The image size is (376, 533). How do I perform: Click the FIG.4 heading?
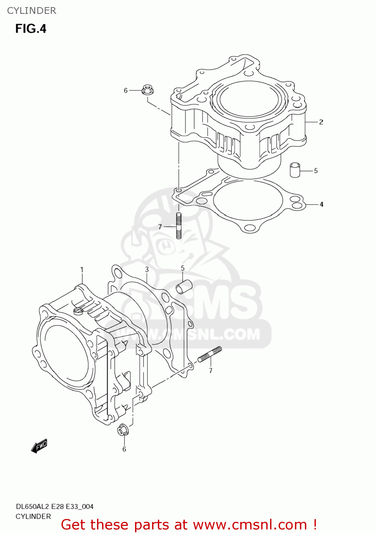point(31,29)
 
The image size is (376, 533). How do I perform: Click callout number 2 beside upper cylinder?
point(321,122)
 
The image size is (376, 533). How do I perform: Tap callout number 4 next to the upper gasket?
point(321,204)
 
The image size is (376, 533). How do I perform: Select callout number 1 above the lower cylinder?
point(82,270)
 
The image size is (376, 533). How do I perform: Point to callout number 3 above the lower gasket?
point(147,269)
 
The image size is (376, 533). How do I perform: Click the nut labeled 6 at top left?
point(147,90)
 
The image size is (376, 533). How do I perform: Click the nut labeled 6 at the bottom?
point(123,430)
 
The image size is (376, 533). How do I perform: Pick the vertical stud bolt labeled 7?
point(179,226)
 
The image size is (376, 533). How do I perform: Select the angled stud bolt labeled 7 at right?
point(210,355)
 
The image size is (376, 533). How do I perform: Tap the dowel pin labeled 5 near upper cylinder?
point(295,170)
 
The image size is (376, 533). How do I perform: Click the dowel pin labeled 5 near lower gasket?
point(184,287)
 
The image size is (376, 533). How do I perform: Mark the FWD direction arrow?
point(39,446)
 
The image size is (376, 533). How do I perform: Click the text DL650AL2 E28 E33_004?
point(54,506)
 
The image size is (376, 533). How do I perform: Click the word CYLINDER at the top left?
point(32,11)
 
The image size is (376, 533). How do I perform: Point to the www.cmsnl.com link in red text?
point(250,524)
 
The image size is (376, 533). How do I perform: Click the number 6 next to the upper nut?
point(125,91)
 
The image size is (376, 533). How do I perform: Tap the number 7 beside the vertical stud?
point(160,227)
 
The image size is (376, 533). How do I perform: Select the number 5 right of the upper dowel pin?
point(316,171)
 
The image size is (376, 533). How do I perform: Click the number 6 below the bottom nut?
point(124,449)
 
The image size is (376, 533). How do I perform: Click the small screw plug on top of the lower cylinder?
point(78,311)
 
